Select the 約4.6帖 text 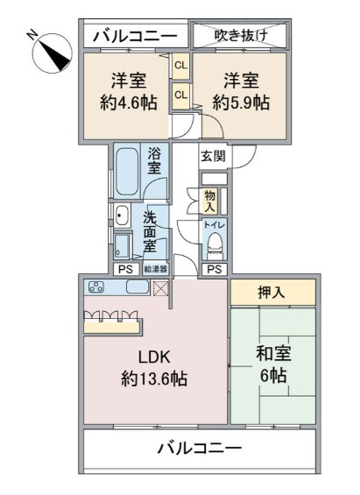pyautogui.click(x=129, y=103)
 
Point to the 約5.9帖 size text pyautogui.click(x=239, y=103)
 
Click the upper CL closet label pyautogui.click(x=180, y=66)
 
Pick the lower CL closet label pyautogui.click(x=180, y=94)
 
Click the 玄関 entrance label pyautogui.click(x=213, y=156)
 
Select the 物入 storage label pyautogui.click(x=210, y=202)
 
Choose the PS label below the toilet pyautogui.click(x=215, y=269)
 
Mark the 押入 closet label pyautogui.click(x=272, y=293)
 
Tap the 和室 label pyautogui.click(x=272, y=355)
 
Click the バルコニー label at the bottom pyautogui.click(x=199, y=449)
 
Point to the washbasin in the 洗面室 pyautogui.click(x=123, y=216)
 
